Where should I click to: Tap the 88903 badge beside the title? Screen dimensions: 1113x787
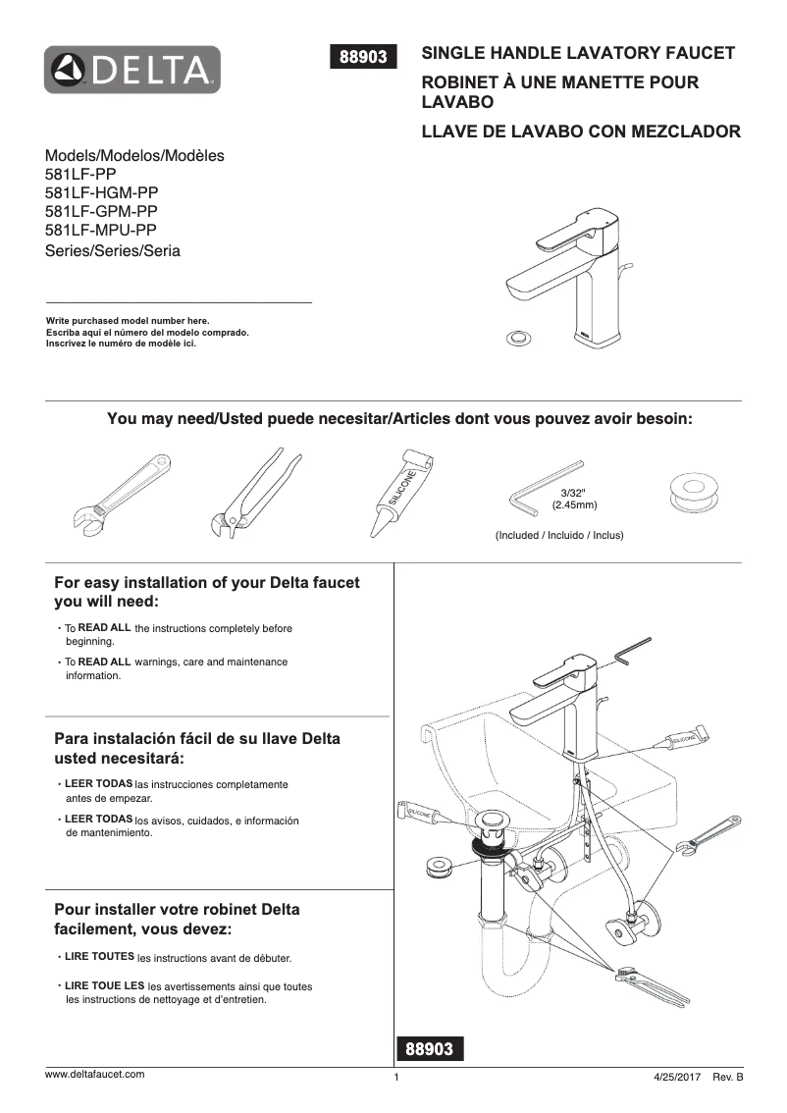pyautogui.click(x=368, y=57)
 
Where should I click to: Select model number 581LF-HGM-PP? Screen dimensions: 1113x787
pyautogui.click(x=102, y=192)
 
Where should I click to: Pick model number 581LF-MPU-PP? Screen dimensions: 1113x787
pyautogui.click(x=101, y=230)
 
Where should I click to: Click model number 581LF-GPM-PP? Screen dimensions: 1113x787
pyautogui.click(x=101, y=211)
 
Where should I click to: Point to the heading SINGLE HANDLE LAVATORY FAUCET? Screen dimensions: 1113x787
pyautogui.click(x=578, y=53)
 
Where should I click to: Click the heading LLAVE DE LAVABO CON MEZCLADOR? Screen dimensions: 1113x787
pyautogui.click(x=580, y=132)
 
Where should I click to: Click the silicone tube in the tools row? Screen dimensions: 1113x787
pyautogui.click(x=400, y=492)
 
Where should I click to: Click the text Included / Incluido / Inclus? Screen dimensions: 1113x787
pyautogui.click(x=559, y=535)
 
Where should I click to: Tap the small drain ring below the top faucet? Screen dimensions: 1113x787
pyautogui.click(x=516, y=339)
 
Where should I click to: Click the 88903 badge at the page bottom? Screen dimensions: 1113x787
pyautogui.click(x=429, y=1049)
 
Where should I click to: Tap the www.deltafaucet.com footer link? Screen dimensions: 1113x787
pyautogui.click(x=95, y=1074)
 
